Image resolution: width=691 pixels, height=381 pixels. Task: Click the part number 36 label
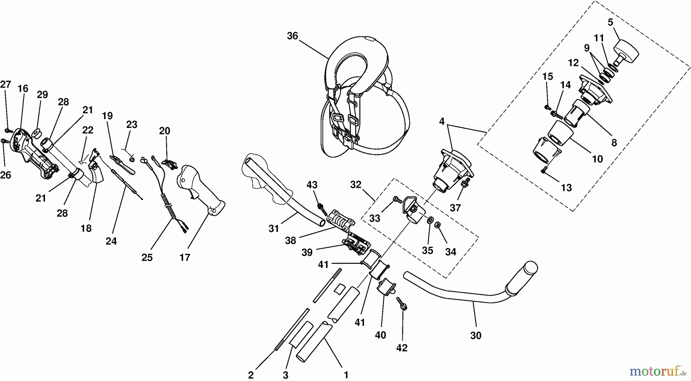point(292,36)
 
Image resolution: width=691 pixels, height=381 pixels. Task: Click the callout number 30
point(476,335)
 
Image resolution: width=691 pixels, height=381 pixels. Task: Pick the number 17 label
point(185,257)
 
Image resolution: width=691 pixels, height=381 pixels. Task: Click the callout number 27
point(5,84)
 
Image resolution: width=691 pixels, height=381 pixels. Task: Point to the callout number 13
point(566,188)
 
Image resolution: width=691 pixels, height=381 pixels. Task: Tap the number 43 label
point(312,185)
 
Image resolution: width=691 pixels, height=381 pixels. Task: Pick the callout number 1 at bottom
point(346,374)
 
